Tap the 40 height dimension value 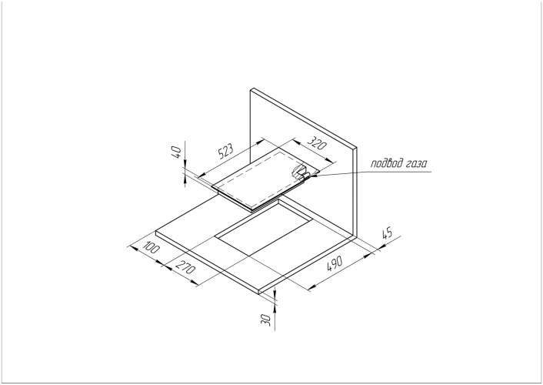tap(176, 153)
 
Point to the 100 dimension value tap(149, 249)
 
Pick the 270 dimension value tap(185, 270)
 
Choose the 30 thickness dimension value tap(265, 317)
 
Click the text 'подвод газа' tap(398, 162)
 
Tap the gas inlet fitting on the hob tap(301, 173)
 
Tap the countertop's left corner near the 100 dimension tap(156, 231)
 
